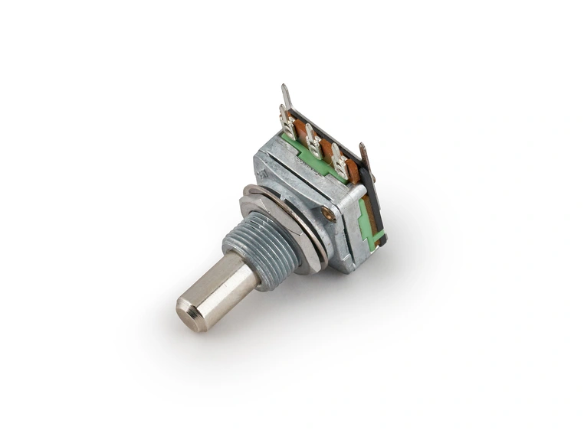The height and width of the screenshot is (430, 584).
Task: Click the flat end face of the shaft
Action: (x=190, y=315)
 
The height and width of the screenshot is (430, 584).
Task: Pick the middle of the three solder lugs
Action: (x=313, y=141)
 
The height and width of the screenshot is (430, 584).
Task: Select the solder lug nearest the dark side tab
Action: (x=340, y=163)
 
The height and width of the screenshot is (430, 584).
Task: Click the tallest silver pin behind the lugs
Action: (x=286, y=99)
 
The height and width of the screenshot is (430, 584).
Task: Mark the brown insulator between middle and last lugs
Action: (x=326, y=150)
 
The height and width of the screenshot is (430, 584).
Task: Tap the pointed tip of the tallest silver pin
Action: (x=283, y=86)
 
